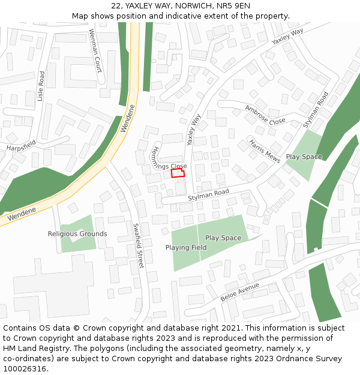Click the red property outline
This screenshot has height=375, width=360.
click(178, 173)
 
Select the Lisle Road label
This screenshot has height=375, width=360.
click(41, 86)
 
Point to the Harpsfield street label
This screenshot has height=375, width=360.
click(21, 145)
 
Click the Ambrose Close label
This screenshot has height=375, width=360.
click(265, 115)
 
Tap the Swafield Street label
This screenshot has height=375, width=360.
click(139, 245)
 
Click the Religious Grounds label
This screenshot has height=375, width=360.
click(77, 234)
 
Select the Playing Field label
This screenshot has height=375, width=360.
click(186, 248)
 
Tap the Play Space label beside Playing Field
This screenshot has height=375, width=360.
click(223, 238)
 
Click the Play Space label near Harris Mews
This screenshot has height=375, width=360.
click(304, 157)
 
